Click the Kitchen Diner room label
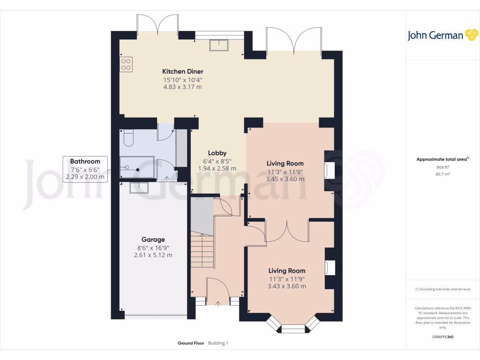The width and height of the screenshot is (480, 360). click(x=182, y=71)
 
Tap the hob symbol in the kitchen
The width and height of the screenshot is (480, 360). click(x=126, y=64)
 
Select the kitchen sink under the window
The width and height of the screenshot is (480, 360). click(x=219, y=45)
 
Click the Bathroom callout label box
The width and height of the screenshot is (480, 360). click(x=85, y=169)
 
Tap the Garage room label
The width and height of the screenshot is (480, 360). click(x=153, y=240)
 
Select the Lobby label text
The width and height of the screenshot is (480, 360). click(x=217, y=153)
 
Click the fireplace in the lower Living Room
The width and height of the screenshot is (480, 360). click(x=330, y=268)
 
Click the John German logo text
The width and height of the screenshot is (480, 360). click(x=435, y=36)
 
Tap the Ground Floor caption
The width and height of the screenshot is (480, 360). click(x=191, y=343)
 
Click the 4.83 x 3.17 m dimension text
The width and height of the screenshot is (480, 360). click(x=182, y=87)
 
